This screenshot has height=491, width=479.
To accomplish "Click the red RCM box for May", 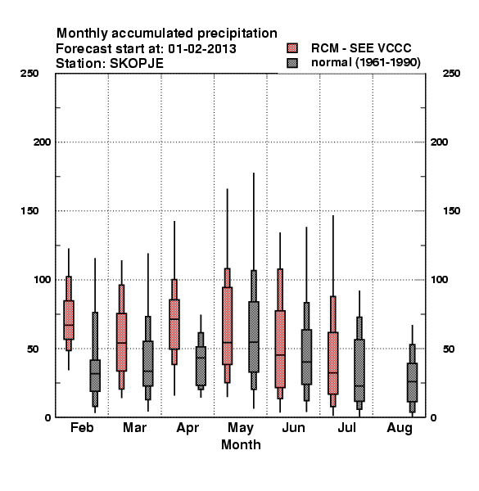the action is pyautogui.click(x=227, y=326).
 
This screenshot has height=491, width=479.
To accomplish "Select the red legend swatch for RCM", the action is pyautogui.click(x=292, y=48).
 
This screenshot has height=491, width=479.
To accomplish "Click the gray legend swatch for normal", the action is pyautogui.click(x=292, y=63).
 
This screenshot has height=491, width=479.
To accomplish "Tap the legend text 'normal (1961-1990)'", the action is pyautogui.click(x=365, y=63).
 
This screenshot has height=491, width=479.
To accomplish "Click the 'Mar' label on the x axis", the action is pyautogui.click(x=134, y=427).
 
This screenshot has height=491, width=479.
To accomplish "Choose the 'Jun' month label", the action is pyautogui.click(x=293, y=427).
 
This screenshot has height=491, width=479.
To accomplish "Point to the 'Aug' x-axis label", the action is pyautogui.click(x=400, y=428).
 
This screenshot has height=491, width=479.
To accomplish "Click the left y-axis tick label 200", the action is pyautogui.click(x=42, y=142).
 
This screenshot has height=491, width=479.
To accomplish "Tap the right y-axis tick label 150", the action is pyautogui.click(x=451, y=211).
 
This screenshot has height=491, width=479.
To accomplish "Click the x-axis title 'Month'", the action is pyautogui.click(x=241, y=444).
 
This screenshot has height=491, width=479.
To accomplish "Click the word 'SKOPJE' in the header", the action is pyautogui.click(x=137, y=64).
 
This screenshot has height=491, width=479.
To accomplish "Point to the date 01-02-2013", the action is pyautogui.click(x=202, y=49).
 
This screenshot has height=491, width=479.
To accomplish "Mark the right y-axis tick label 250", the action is pyautogui.click(x=451, y=74).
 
